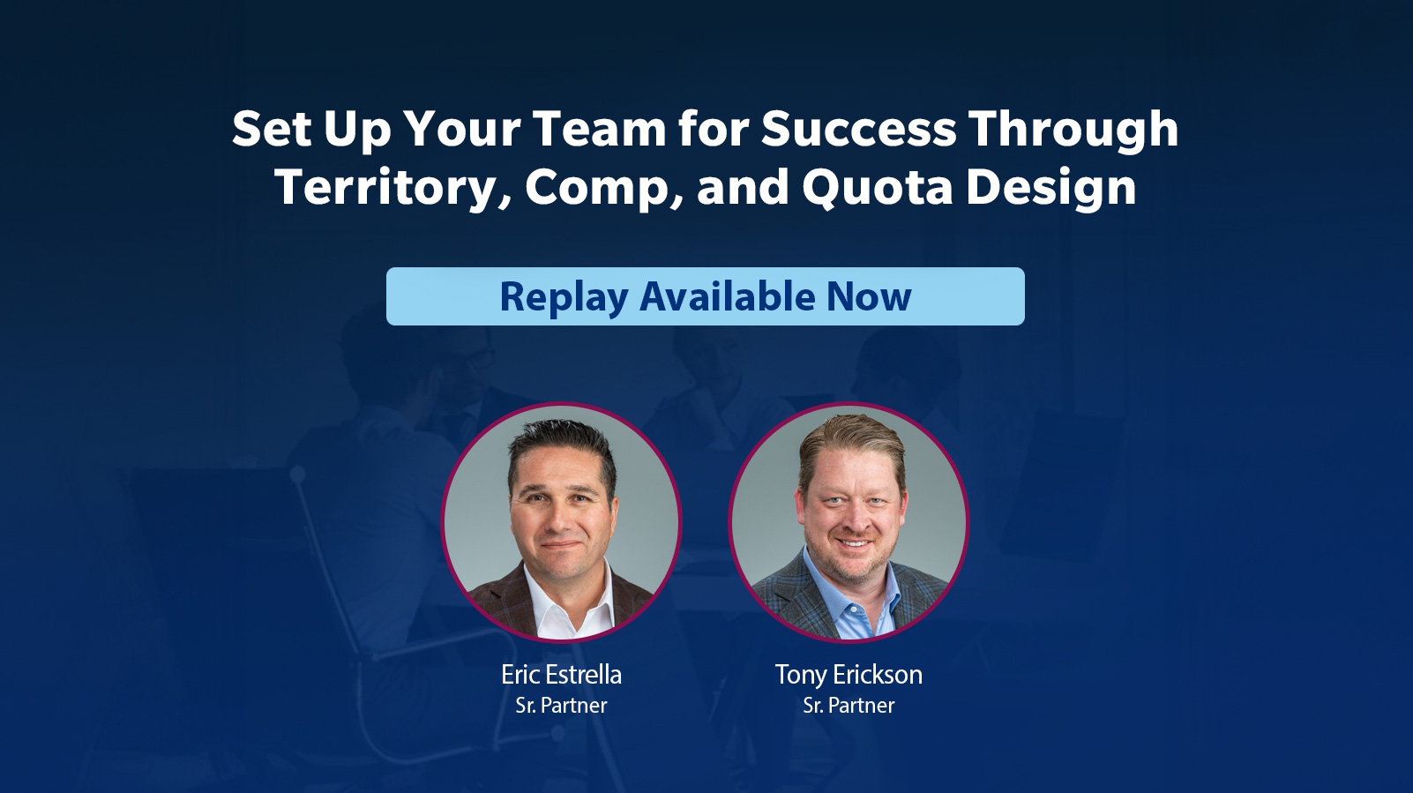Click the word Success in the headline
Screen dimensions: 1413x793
(859, 129)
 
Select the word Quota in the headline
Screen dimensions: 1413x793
(878, 187)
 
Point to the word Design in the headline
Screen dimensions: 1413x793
(1051, 187)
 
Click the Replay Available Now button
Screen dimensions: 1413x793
(706, 296)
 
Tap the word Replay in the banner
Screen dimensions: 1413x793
(564, 298)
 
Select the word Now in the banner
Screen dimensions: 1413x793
(870, 296)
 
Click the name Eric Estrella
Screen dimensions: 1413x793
(562, 675)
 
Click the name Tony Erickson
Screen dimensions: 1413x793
(849, 675)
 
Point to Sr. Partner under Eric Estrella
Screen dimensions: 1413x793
(562, 705)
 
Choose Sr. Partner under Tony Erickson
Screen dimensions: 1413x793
(849, 705)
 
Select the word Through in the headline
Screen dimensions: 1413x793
(1073, 129)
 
